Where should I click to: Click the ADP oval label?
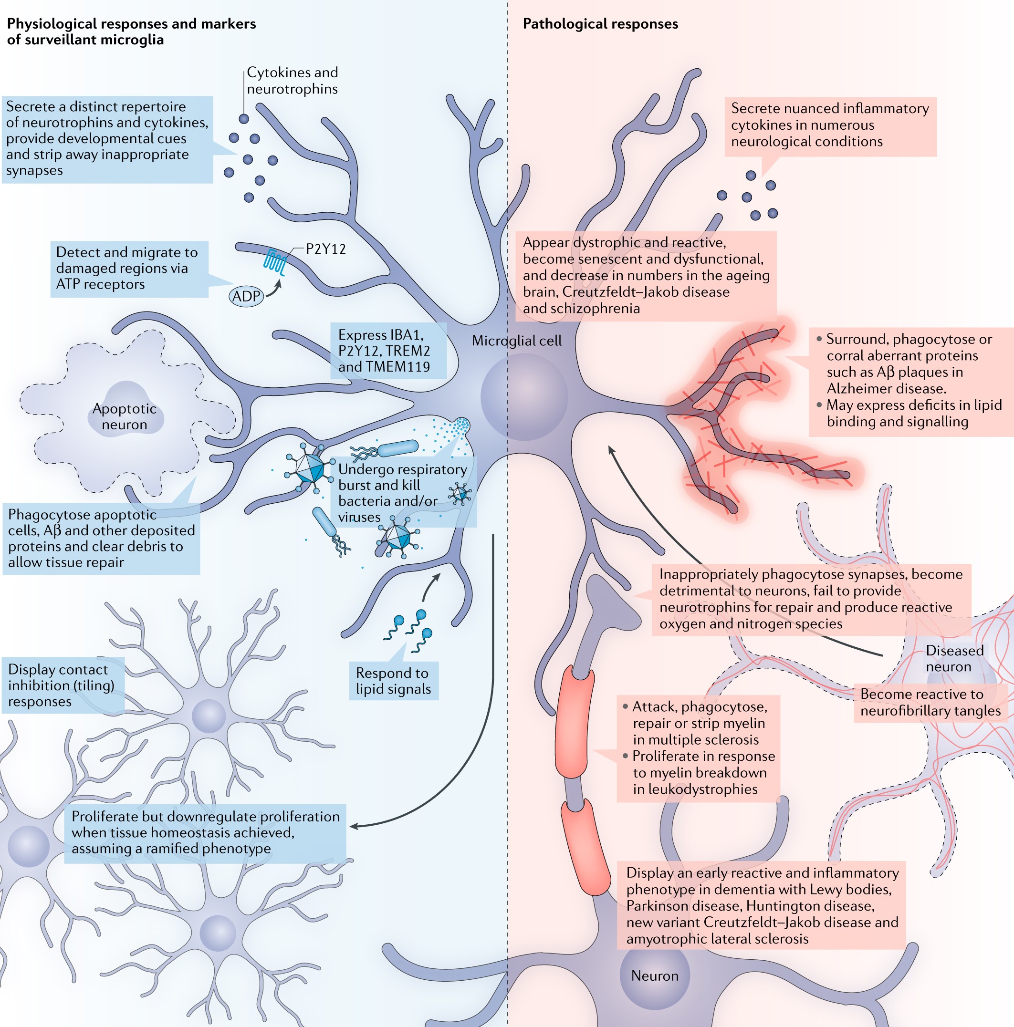(246, 296)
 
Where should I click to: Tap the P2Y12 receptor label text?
(325, 249)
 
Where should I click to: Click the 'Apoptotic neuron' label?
(125, 416)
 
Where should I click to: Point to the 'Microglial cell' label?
(516, 341)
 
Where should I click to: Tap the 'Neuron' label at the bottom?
(655, 975)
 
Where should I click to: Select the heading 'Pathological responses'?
(600, 24)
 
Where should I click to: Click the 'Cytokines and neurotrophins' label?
(292, 80)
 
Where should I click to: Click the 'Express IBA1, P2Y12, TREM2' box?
(387, 350)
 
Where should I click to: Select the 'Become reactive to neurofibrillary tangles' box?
(930, 702)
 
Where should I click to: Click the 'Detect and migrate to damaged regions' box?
(129, 269)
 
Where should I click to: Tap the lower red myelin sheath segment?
(585, 847)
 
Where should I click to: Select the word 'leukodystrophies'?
(695, 789)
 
